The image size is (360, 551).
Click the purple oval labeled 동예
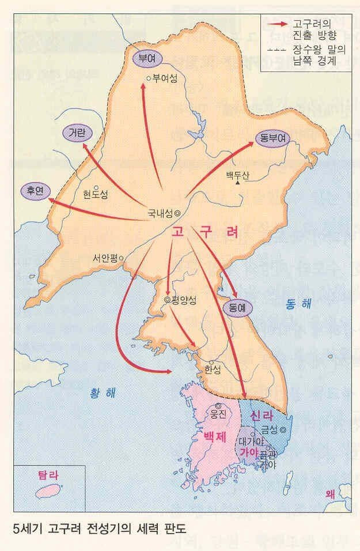pyautogui.click(x=237, y=308)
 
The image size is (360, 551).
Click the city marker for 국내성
pyautogui.click(x=177, y=213)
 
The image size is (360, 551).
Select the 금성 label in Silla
pyautogui.click(x=270, y=429)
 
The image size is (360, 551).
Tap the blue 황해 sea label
pyautogui.click(x=102, y=393)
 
